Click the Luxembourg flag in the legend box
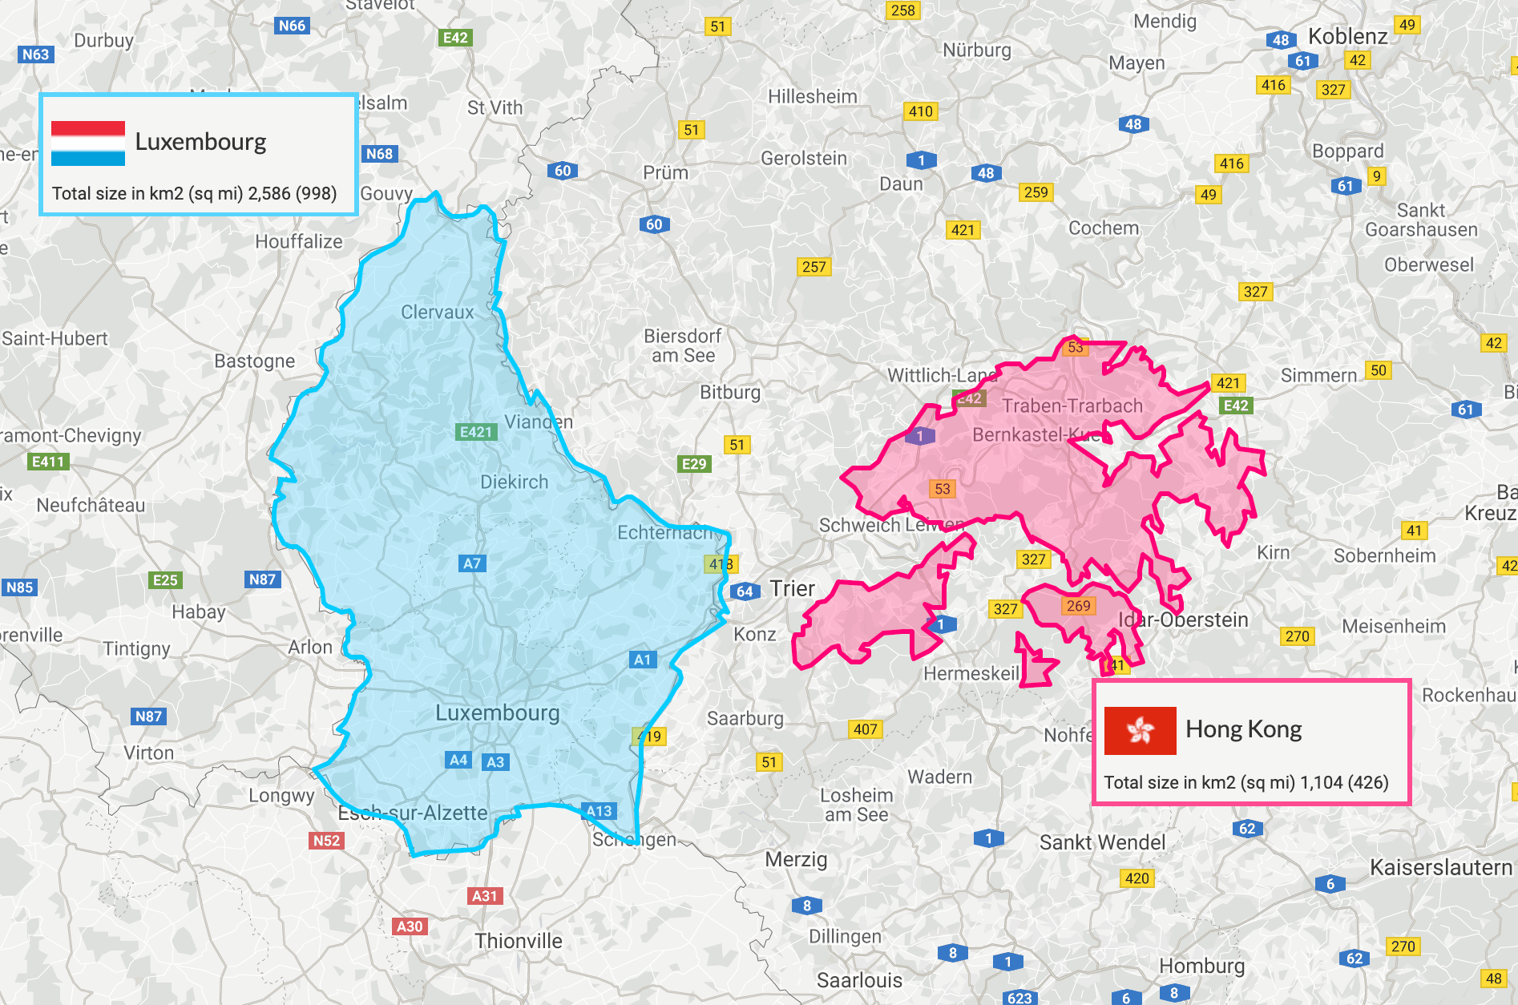[x=88, y=143]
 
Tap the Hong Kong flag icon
[x=1140, y=730]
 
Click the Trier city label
[x=792, y=589]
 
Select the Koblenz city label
[x=1347, y=37]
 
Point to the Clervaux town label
[x=437, y=313]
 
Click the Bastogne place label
[x=254, y=361]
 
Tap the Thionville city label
[x=518, y=941]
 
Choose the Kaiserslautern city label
[x=1440, y=868]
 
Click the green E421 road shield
[x=476, y=432]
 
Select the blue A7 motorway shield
[x=472, y=563]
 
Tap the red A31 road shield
[x=485, y=896]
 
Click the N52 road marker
[x=326, y=841]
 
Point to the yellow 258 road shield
[x=902, y=10]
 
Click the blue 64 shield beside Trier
[x=745, y=591]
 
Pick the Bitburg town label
[x=729, y=393]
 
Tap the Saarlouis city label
[x=859, y=980]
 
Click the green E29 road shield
[x=694, y=464]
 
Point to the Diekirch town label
[x=514, y=482]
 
